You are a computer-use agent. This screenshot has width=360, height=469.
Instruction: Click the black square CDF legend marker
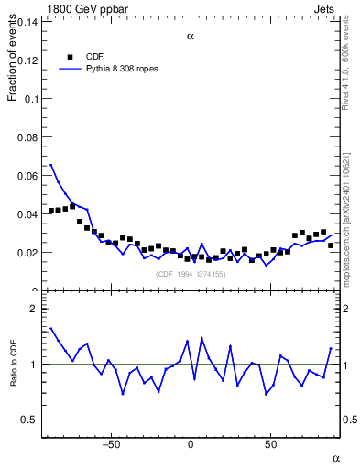click(69, 55)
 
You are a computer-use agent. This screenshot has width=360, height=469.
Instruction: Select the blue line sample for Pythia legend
click(69, 68)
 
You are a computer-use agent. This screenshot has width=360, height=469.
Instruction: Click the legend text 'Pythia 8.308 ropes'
click(117, 68)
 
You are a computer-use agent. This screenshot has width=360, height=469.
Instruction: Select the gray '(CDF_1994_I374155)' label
click(190, 274)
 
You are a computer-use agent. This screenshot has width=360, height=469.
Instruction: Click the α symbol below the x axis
click(335, 457)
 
